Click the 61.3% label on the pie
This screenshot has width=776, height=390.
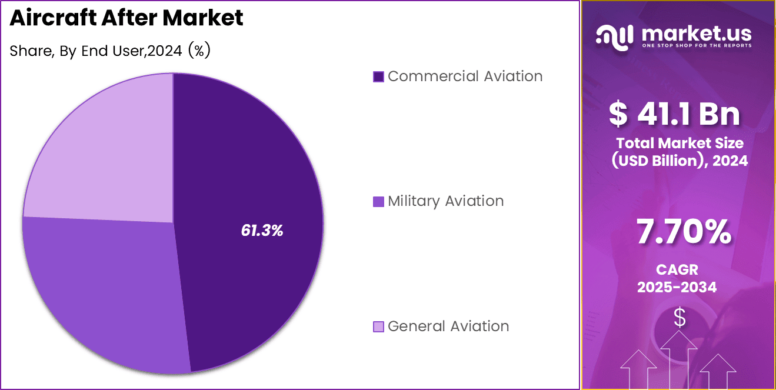pos(262,231)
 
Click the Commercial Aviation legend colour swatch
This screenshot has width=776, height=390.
pos(378,76)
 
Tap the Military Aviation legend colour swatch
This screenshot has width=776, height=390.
pos(378,202)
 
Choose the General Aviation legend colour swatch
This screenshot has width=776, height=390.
pos(378,326)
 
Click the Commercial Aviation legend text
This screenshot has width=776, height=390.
pos(465,76)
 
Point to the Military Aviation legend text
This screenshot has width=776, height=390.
pos(445,201)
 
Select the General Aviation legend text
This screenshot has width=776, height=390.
pos(448,326)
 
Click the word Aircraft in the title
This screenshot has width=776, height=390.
pos(52,18)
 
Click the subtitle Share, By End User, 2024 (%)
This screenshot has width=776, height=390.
pos(110,51)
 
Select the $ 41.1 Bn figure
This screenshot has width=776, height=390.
pos(674,114)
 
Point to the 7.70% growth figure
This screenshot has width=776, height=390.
pos(684,232)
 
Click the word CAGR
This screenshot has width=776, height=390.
pos(677,270)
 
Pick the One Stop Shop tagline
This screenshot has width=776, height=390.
pos(696,45)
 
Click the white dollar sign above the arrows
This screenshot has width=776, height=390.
pos(680,318)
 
